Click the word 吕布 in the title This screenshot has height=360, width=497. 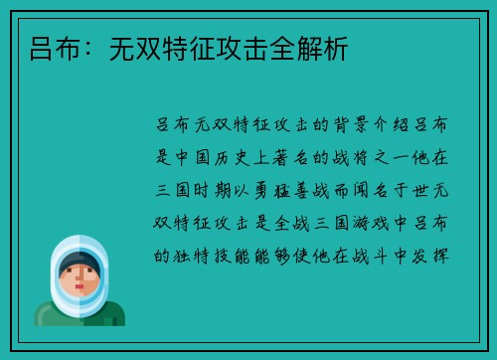[43, 47]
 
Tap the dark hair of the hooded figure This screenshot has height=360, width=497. [80, 261]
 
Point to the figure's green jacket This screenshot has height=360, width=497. [80, 316]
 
